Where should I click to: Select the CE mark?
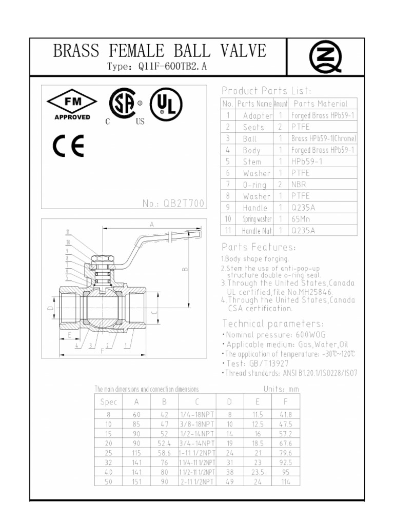point(69,148)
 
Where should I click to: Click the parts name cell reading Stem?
point(252,161)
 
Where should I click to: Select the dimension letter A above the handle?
point(152,225)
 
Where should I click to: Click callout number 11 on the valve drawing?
point(67,231)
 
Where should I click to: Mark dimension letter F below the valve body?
point(103,351)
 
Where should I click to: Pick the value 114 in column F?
point(285,481)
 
